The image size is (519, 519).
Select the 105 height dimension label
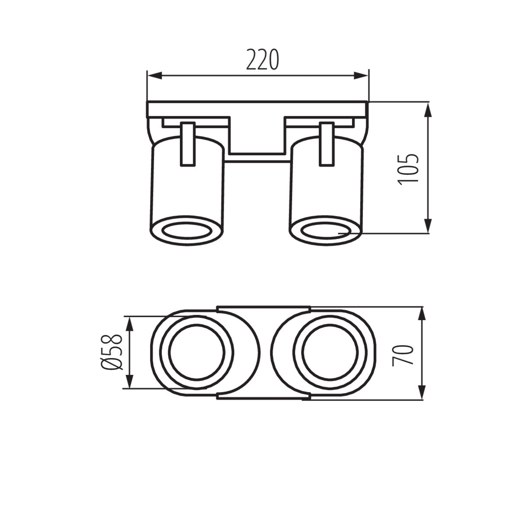pos(409,168)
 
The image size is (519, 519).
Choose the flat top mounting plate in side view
pos(257,109)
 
